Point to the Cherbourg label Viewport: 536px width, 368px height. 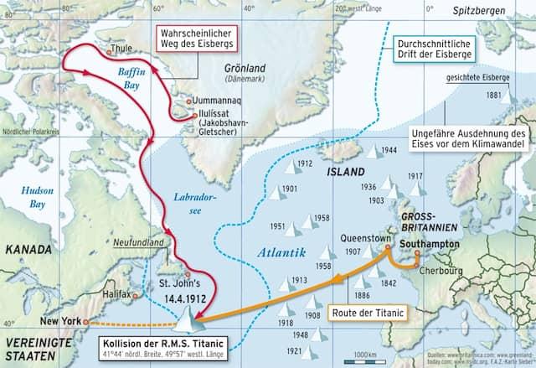click(x=442, y=272)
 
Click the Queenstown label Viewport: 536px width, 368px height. click(x=366, y=237)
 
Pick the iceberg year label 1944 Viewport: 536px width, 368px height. click(x=388, y=150)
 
